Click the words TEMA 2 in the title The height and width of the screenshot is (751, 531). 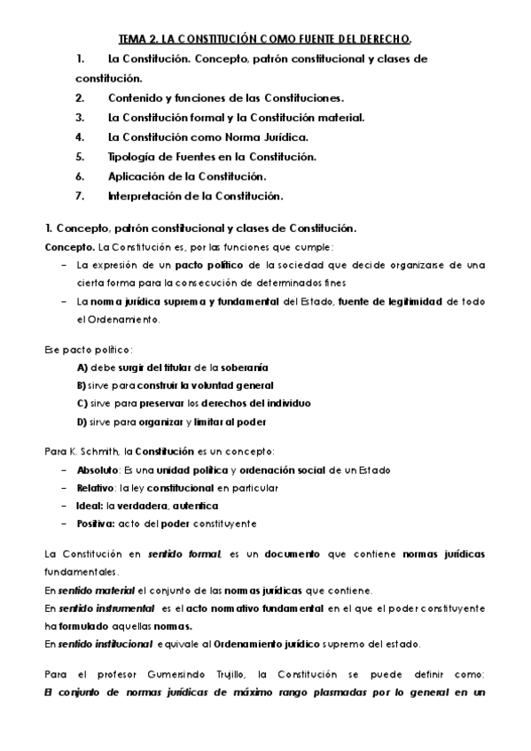(139, 39)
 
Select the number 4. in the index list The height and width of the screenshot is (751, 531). (80, 136)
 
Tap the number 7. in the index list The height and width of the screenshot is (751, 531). (80, 195)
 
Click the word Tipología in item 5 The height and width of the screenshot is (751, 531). (133, 156)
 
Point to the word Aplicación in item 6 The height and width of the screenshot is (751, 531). (136, 175)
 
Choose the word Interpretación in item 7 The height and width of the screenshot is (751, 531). (145, 195)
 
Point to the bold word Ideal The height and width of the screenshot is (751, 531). (90, 506)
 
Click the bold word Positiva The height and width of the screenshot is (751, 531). (96, 523)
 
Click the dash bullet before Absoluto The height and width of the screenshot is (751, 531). (64, 469)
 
